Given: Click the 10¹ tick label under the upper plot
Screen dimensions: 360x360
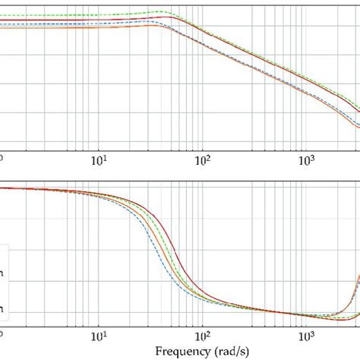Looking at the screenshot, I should (99, 159).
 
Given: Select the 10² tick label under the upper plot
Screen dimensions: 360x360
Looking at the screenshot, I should (203, 159).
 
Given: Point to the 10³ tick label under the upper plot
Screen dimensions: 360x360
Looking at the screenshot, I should (307, 159).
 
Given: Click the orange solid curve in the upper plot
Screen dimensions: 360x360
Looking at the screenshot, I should (76, 29).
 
